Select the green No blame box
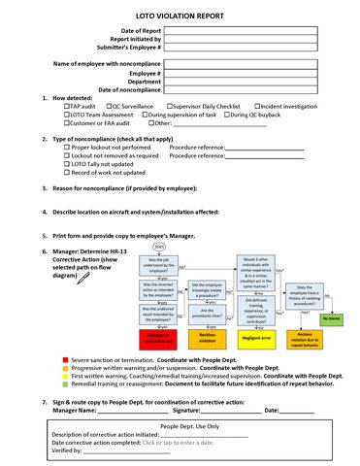coord(330,316)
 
